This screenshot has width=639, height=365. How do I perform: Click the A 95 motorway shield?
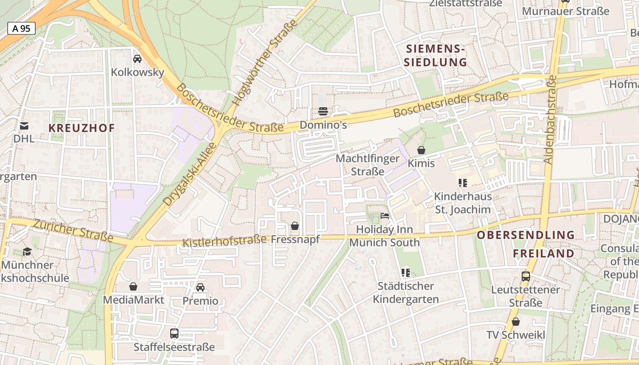(21, 28)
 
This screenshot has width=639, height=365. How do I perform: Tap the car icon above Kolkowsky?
(137, 59)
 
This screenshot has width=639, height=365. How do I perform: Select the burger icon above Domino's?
(323, 111)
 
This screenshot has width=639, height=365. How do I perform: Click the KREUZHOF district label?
(82, 128)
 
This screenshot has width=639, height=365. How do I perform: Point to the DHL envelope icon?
(24, 125)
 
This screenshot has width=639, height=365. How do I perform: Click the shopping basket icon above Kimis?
(421, 150)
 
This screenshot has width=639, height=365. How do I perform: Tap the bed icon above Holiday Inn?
(385, 216)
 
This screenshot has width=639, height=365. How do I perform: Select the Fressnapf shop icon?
(295, 226)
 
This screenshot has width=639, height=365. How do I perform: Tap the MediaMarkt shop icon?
(133, 287)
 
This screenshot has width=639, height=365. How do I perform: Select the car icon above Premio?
(200, 287)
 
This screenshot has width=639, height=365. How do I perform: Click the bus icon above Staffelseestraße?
(174, 334)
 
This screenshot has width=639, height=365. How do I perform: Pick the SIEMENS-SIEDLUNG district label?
(435, 55)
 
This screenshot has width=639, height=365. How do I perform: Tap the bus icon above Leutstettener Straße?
(525, 276)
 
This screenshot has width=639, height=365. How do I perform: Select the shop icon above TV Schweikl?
(516, 322)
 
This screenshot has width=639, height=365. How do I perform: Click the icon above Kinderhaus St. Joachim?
(463, 183)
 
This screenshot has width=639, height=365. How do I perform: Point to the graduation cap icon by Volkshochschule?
(27, 251)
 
